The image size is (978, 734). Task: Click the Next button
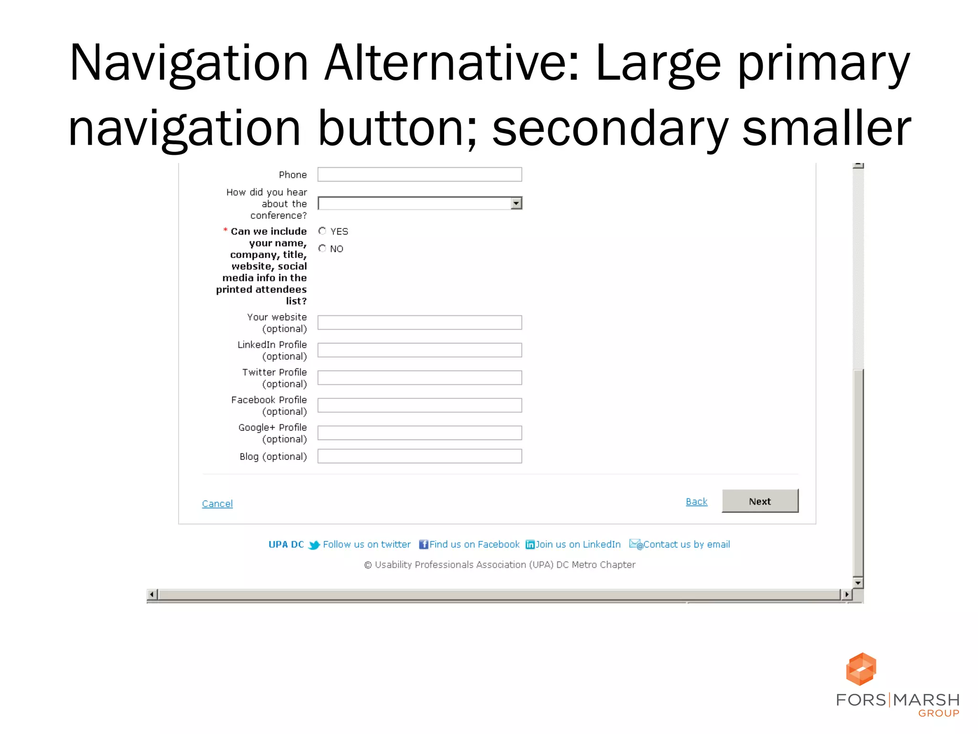760,501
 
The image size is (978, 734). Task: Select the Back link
696,501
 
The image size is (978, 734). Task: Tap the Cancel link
217,503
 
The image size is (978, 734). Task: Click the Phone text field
419,174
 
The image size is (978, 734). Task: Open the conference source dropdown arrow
516,204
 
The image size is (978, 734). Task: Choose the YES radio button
322,231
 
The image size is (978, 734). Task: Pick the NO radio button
322,248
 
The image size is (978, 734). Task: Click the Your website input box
419,323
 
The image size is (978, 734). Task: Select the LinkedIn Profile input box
419,350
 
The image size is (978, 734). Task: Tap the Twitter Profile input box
419,378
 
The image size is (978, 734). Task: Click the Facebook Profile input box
419,405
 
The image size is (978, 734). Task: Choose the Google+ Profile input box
419,433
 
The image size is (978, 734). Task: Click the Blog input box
419,456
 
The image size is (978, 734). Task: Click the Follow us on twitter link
366,544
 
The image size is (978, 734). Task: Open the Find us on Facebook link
474,544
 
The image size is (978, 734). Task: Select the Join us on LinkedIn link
578,544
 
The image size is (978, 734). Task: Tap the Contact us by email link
686,544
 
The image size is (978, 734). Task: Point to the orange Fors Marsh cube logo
861,669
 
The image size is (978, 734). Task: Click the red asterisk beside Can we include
225,230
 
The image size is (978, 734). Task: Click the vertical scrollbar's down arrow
858,583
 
